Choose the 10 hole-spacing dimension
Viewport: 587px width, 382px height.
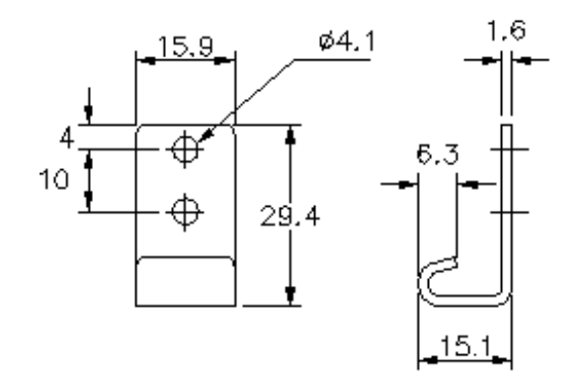(x=58, y=181)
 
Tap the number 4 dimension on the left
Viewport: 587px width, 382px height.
(x=65, y=137)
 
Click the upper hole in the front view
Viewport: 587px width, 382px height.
(x=185, y=149)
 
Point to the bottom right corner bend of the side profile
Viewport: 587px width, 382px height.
(x=506, y=289)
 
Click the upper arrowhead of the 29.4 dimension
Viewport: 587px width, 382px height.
(x=290, y=134)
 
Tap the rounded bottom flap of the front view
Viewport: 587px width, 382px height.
(x=185, y=280)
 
